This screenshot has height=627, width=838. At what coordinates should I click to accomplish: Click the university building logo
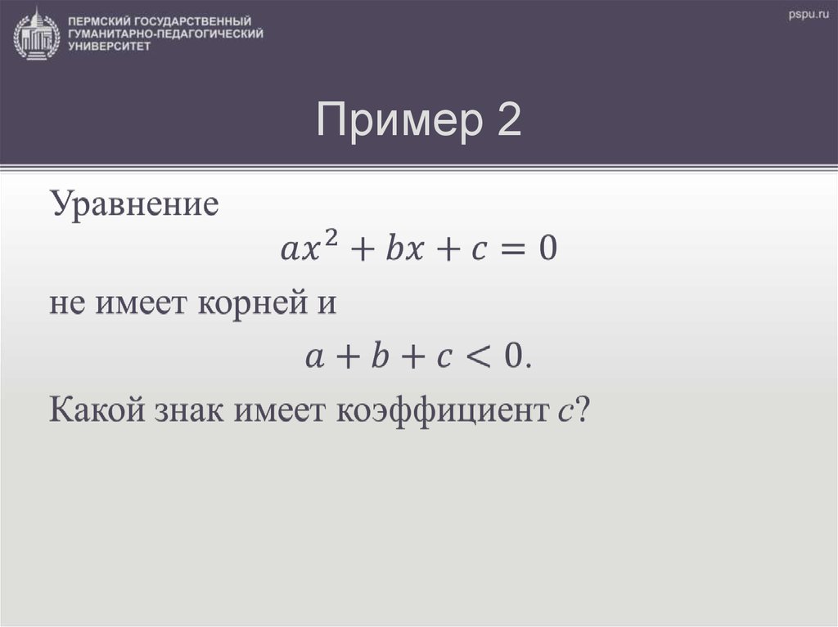point(37,33)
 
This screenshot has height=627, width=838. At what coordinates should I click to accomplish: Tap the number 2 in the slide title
point(507,122)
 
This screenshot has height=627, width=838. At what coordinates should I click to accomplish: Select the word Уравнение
point(135,204)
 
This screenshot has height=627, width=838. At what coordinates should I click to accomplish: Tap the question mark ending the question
point(580,409)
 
